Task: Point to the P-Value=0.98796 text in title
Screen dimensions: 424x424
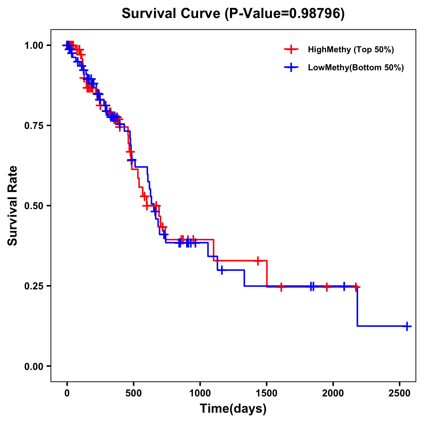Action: [285, 14]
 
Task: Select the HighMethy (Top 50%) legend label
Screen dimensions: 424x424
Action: [351, 49]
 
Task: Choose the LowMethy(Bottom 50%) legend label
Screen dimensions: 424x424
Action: [356, 68]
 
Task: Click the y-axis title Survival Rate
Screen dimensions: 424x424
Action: [13, 205]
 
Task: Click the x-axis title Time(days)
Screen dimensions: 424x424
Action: [233, 409]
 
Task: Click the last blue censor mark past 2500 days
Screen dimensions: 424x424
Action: [407, 326]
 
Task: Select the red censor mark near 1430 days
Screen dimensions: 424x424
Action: [258, 261]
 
